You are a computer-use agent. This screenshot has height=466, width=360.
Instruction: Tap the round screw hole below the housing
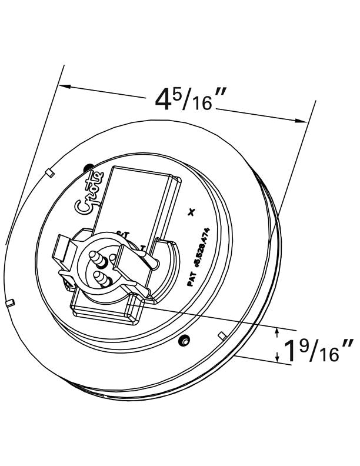pos(185,339)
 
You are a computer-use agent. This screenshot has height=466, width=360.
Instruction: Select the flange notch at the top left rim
pos(49,172)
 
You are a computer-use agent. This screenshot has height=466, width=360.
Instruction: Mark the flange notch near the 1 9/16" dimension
pos(222,335)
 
